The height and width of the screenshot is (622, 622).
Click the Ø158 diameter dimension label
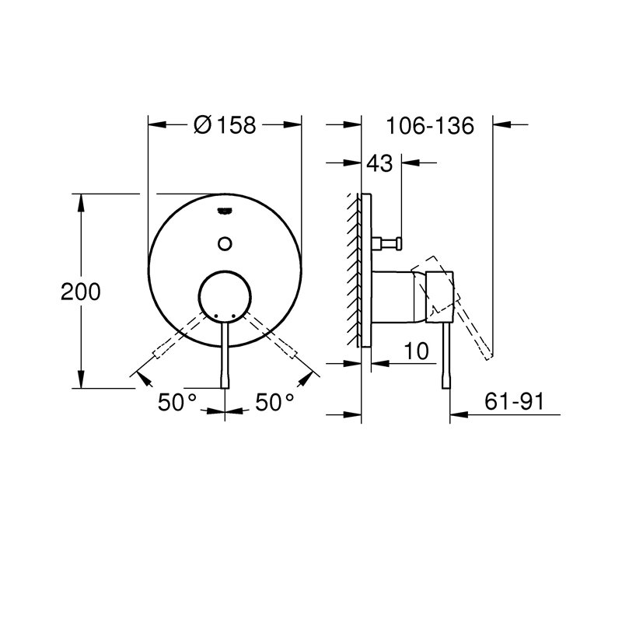click(x=224, y=124)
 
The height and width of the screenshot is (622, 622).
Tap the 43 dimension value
click(x=379, y=163)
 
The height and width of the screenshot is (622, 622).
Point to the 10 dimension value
click(x=418, y=351)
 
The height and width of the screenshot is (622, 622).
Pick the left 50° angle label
click(x=176, y=403)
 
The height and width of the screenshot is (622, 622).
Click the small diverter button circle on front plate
click(x=225, y=243)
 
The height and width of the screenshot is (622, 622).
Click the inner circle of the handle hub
click(x=225, y=297)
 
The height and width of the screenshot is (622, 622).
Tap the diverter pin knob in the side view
click(x=396, y=243)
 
